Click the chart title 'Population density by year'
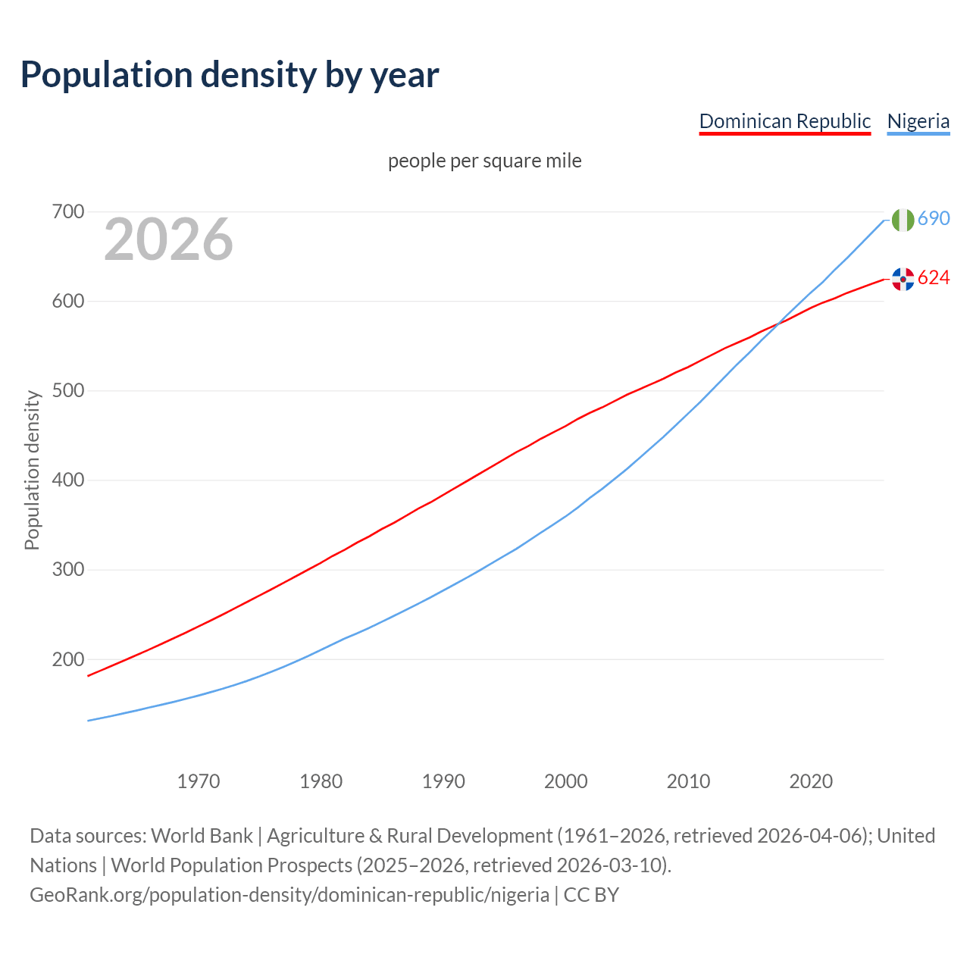[x=230, y=74]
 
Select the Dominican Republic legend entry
[x=784, y=121]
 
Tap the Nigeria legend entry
[x=918, y=121]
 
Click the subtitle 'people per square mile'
[x=484, y=161]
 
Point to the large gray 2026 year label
[x=168, y=239]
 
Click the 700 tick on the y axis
[x=67, y=212]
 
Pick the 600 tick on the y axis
[x=67, y=302]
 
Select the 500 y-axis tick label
[x=67, y=391]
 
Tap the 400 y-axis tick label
[x=67, y=480]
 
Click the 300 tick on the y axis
[x=67, y=570]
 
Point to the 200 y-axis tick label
[x=67, y=659]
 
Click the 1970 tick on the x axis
[x=199, y=781]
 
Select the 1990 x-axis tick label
[x=443, y=781]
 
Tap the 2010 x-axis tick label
[x=688, y=781]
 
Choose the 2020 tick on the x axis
[x=811, y=781]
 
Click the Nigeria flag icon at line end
[x=903, y=220]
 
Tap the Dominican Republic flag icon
[x=903, y=279]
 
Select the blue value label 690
[x=934, y=219]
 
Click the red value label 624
[x=934, y=278]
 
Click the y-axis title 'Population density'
[x=32, y=470]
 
